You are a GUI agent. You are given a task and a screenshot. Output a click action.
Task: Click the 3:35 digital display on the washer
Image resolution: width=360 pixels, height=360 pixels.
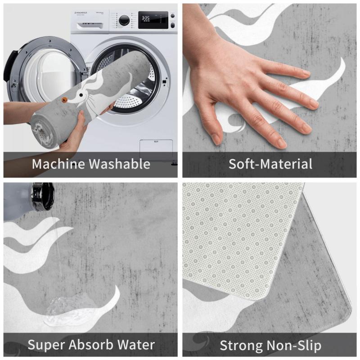coord(145,18)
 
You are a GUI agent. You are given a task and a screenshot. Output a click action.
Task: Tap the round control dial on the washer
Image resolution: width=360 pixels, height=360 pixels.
coord(124,20)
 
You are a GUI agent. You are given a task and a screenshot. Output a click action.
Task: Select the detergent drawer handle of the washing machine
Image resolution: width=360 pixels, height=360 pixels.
coord(90,26)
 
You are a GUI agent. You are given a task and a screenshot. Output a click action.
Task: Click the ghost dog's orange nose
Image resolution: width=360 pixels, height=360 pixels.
coord(64,99)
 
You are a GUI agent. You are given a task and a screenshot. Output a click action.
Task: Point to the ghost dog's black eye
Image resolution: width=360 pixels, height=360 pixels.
coord(81,95)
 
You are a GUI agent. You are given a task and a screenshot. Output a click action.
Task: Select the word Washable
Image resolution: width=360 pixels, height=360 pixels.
coord(119,164)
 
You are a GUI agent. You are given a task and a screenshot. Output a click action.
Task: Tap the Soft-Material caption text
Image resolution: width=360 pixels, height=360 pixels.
coord(270,164)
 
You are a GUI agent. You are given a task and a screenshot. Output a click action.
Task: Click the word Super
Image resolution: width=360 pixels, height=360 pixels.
coord(46,345)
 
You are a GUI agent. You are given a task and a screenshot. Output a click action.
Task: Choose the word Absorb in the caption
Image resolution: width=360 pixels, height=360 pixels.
coord(91,344)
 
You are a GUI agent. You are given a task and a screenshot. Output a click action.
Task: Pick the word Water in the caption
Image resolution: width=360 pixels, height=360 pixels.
coord(136,345)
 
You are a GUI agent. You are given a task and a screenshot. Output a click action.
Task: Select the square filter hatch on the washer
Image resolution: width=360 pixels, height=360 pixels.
coord(156,150)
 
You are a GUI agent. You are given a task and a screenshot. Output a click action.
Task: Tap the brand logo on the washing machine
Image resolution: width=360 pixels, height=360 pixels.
coord(81,13)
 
